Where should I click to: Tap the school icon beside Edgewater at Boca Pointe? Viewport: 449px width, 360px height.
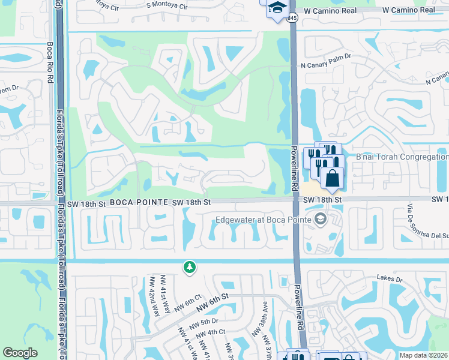tap(319, 218)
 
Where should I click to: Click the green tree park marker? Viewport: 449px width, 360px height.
tap(190, 266)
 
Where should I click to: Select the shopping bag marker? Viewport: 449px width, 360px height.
tap(332, 178)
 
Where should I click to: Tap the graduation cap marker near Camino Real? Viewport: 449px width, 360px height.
tap(277, 8)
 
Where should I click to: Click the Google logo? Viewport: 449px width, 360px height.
tap(20, 353)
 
